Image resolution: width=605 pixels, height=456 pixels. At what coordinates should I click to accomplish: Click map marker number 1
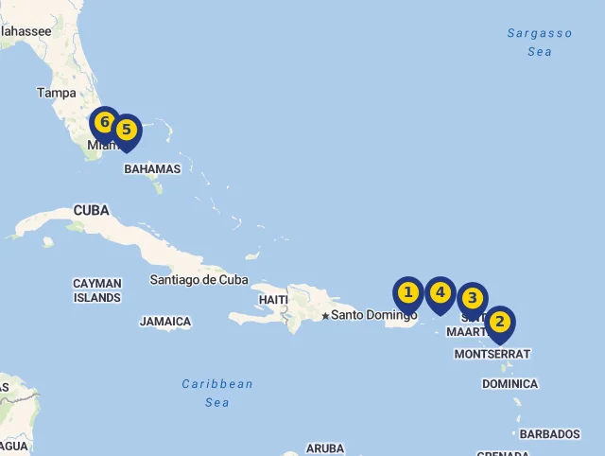click(408, 293)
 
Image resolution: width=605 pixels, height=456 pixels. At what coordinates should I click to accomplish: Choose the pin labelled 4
click(440, 293)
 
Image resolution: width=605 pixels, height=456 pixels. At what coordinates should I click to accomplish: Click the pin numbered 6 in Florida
click(104, 123)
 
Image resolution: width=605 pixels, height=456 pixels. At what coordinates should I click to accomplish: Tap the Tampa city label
click(57, 93)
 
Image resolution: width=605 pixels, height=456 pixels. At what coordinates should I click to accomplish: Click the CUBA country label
click(91, 210)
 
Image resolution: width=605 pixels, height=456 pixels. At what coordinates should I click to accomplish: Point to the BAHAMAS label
click(152, 169)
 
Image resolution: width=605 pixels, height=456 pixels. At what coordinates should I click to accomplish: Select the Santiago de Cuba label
click(199, 280)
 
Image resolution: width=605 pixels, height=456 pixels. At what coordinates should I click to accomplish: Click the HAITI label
click(272, 300)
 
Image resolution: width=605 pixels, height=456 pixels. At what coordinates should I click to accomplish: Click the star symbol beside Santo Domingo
click(325, 316)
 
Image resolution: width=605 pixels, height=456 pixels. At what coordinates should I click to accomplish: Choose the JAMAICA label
click(165, 322)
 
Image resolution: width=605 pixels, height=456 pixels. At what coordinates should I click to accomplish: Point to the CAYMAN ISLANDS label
click(97, 290)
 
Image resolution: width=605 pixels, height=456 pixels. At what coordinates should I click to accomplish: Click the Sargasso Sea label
click(540, 43)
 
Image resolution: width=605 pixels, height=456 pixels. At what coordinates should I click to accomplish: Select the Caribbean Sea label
click(217, 393)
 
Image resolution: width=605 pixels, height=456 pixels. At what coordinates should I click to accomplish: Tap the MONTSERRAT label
click(493, 354)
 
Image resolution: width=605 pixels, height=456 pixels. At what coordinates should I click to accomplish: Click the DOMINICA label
click(510, 384)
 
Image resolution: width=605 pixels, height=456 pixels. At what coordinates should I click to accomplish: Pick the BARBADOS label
click(549, 434)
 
